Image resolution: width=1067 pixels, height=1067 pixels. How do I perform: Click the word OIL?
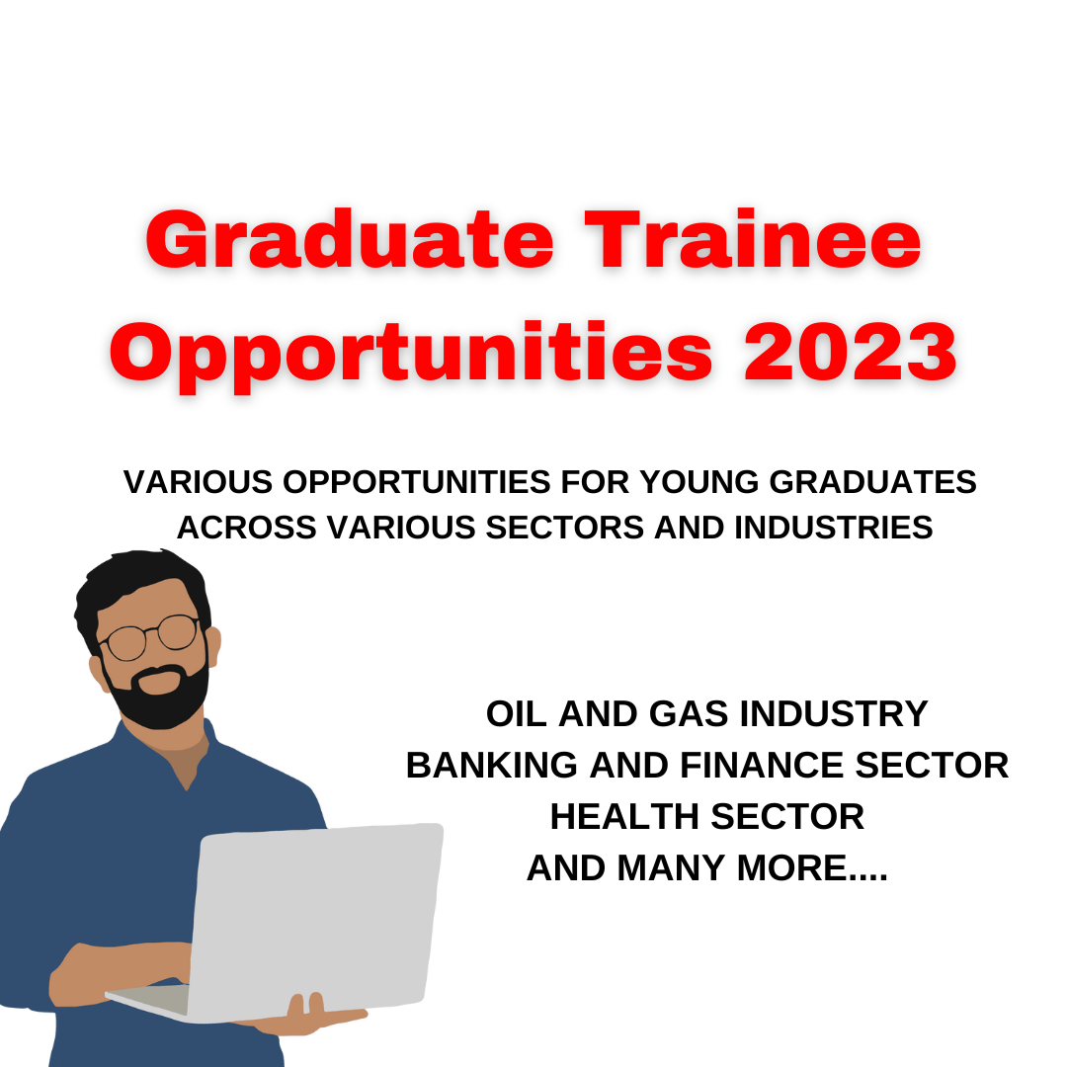click(x=517, y=713)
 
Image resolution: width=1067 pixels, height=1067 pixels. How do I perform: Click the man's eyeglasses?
click(x=152, y=637)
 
